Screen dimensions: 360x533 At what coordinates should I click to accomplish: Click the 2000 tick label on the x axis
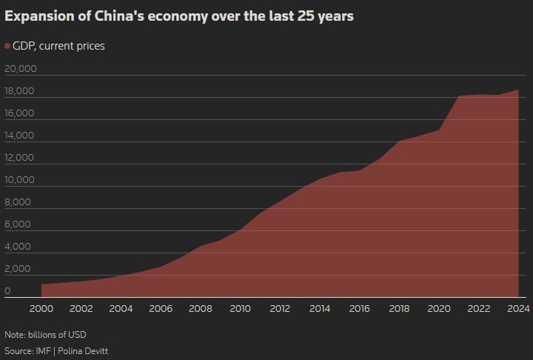[x=41, y=309]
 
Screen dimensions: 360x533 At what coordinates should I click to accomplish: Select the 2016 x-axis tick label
[x=359, y=309]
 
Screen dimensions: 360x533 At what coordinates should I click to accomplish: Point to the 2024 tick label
[x=517, y=309]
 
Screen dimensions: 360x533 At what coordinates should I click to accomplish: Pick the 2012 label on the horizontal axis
[x=280, y=309]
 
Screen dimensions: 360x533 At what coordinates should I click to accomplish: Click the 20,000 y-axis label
[x=20, y=69]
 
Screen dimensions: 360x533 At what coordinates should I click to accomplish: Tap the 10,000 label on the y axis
[x=20, y=180]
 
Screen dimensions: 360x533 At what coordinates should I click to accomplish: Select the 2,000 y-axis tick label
[x=18, y=269]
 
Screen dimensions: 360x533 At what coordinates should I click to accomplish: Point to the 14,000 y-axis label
[x=20, y=136]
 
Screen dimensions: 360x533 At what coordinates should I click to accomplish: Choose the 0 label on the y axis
[x=7, y=291]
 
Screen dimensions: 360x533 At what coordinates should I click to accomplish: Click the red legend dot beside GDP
[x=7, y=46]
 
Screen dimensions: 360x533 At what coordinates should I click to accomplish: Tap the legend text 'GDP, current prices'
[x=59, y=46]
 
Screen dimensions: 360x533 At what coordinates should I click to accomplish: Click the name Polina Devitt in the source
[x=86, y=350]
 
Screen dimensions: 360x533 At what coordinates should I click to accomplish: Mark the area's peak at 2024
[x=517, y=90]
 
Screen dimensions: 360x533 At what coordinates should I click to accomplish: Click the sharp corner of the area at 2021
[x=459, y=96]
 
